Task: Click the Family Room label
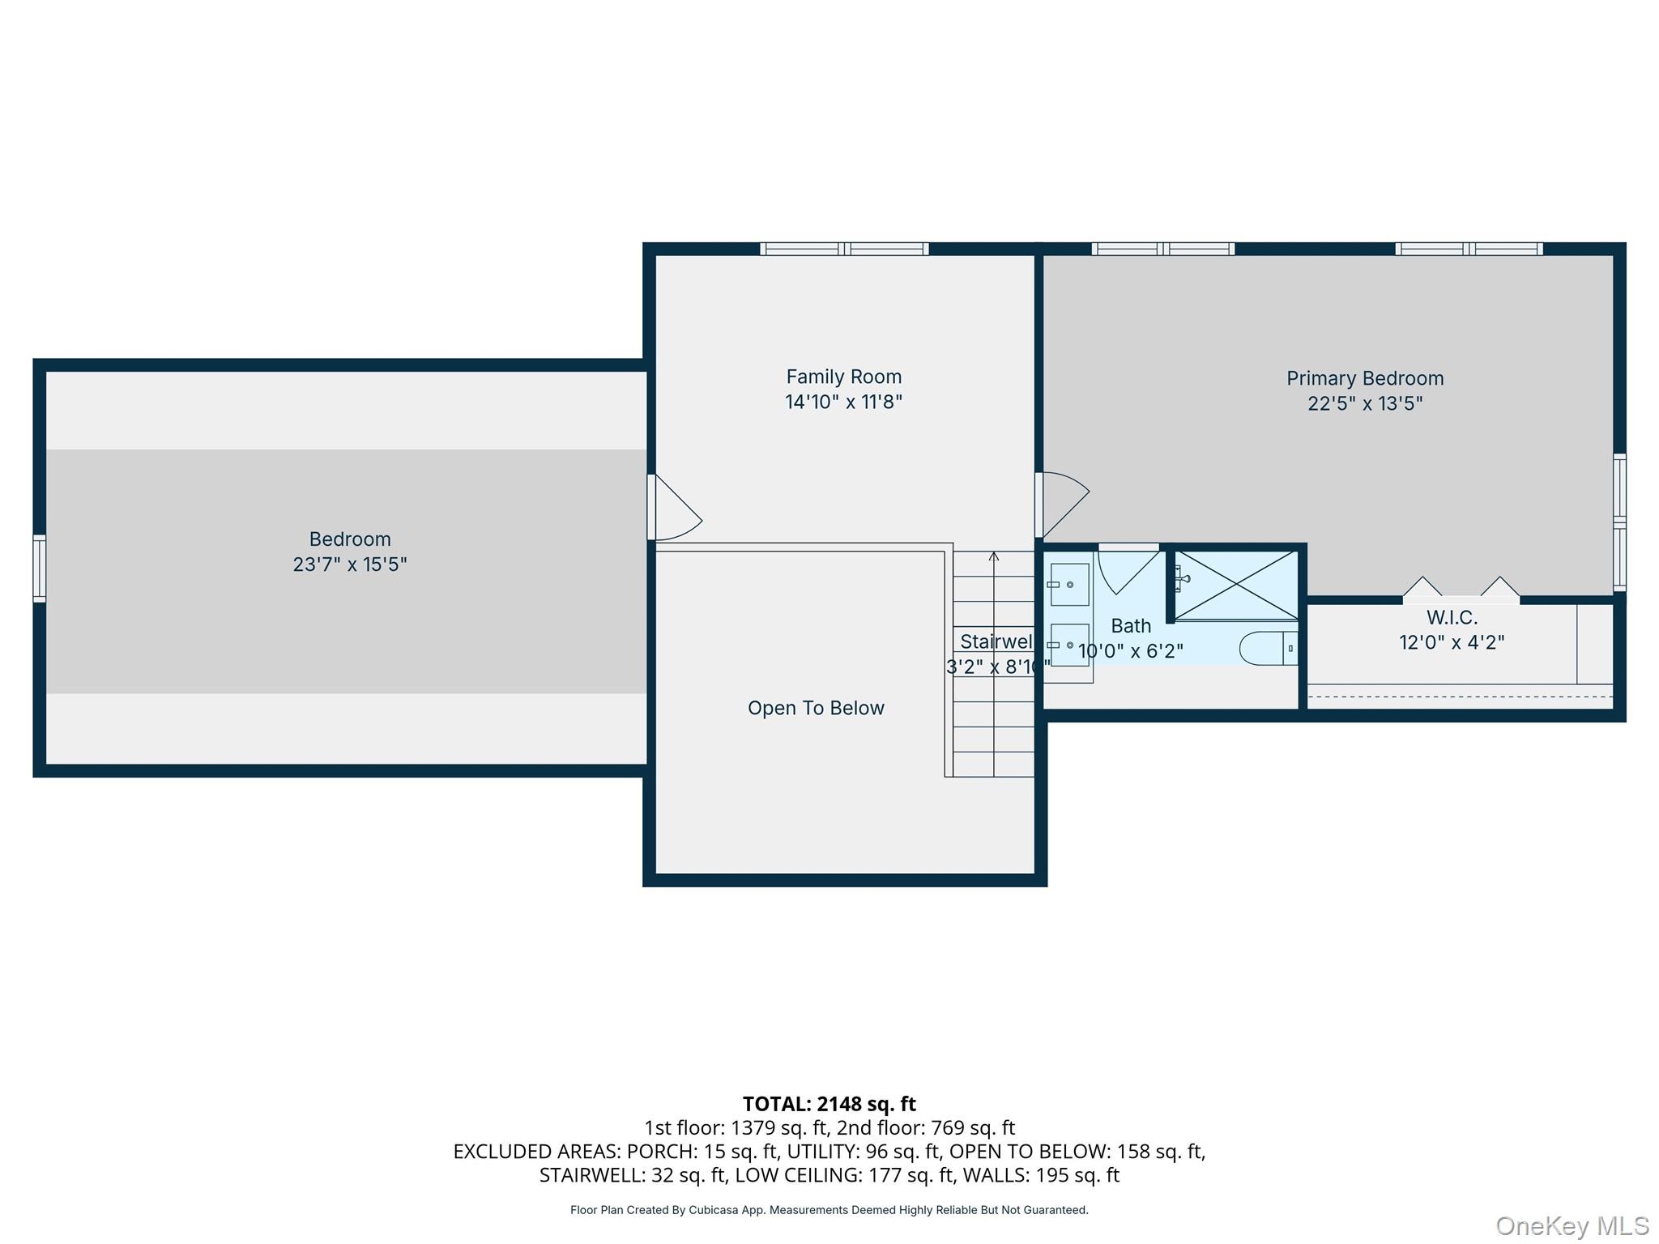pyautogui.click(x=843, y=377)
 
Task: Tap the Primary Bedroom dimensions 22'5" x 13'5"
pyautogui.click(x=1365, y=403)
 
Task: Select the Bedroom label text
pyautogui.click(x=350, y=539)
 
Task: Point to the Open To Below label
pyautogui.click(x=816, y=708)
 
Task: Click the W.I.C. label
pyautogui.click(x=1452, y=617)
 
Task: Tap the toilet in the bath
pyautogui.click(x=1268, y=649)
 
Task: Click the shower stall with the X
pyautogui.click(x=1236, y=586)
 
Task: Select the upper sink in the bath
pyautogui.click(x=1069, y=585)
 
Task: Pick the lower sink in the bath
pyautogui.click(x=1069, y=645)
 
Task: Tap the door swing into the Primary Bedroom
pyautogui.click(x=1063, y=504)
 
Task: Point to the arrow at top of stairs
pyautogui.click(x=994, y=557)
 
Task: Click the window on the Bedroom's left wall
pyautogui.click(x=39, y=569)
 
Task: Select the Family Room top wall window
pyautogui.click(x=844, y=249)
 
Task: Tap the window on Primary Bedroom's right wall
pyautogui.click(x=1619, y=522)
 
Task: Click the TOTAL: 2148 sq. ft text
pyautogui.click(x=829, y=1104)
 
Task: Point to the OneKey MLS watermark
pyautogui.click(x=1572, y=1226)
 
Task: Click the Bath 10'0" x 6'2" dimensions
pyautogui.click(x=1130, y=651)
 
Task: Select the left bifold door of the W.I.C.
pyautogui.click(x=1422, y=587)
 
